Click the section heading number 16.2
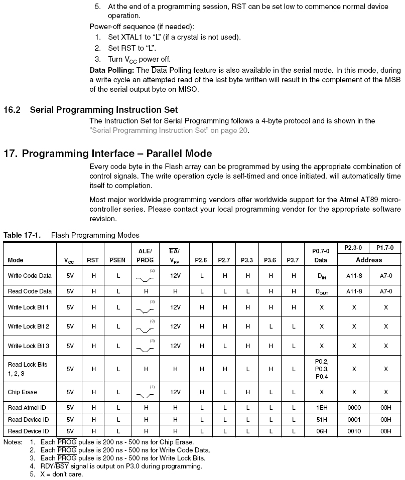12,110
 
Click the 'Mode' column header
16,260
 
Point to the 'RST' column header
93,260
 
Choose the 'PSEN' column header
117,260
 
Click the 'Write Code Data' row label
30,276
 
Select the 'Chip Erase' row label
23,392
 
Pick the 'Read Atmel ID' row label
28,407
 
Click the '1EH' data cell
321,407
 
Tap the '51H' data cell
321,419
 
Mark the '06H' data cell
321,431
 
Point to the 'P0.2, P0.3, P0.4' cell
321,369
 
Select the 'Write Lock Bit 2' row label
29,327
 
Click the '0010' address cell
354,431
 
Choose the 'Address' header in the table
369,260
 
